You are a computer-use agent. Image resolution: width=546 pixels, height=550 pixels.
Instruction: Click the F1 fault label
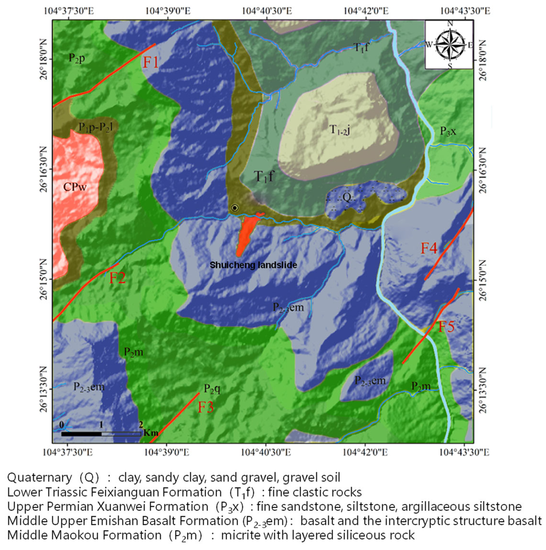(x=150, y=62)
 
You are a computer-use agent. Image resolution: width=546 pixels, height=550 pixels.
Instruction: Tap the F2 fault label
(x=117, y=278)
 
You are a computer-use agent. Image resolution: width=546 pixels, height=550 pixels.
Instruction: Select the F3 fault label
(x=206, y=407)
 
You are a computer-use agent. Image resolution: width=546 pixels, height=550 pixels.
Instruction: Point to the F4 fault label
(x=429, y=248)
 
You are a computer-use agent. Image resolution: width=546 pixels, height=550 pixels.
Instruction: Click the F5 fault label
(x=446, y=327)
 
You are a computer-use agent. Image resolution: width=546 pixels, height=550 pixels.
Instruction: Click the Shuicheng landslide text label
(x=253, y=265)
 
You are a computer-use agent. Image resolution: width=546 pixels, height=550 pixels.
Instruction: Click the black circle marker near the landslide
(x=234, y=208)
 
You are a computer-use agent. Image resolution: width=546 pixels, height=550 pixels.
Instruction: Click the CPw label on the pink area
(x=75, y=187)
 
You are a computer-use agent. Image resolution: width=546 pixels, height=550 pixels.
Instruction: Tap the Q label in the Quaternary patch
(x=346, y=197)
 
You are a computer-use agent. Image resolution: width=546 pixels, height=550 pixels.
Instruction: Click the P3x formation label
(x=448, y=131)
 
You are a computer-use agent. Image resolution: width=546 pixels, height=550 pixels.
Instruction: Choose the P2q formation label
(x=212, y=389)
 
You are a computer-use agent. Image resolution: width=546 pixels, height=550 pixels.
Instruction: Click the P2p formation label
(x=77, y=58)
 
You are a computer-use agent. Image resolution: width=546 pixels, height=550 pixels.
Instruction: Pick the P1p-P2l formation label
(x=96, y=127)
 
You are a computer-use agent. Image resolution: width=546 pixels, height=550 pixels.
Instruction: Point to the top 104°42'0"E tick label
(x=366, y=11)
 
